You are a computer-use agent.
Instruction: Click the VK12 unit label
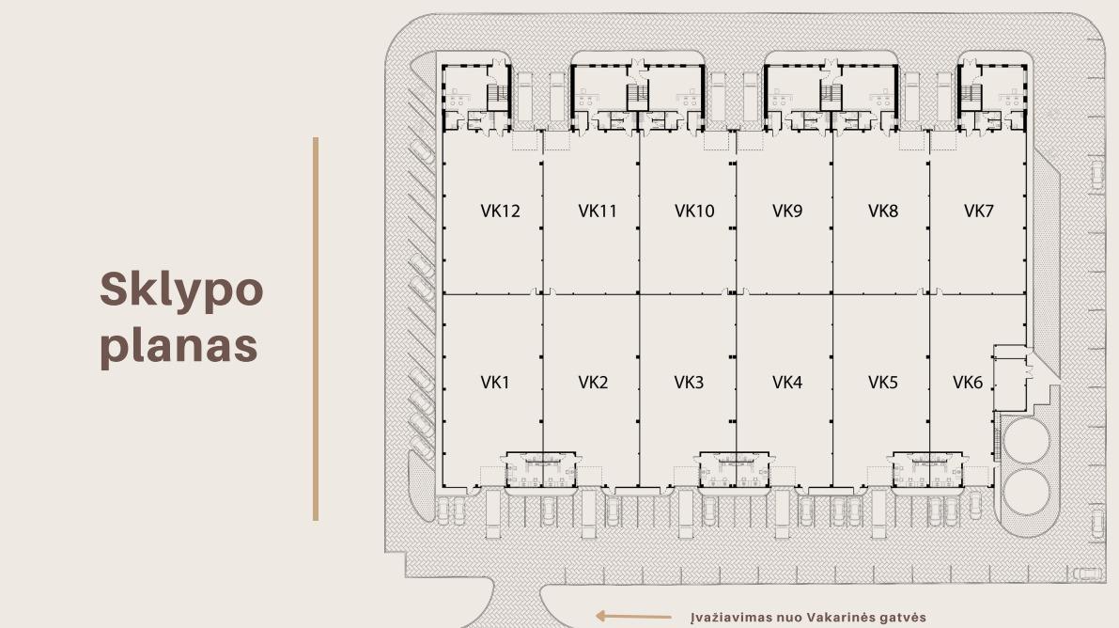click(500, 212)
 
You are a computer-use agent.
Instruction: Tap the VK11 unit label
click(598, 212)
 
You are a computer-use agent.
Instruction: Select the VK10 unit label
click(694, 212)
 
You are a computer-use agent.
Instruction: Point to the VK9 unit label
click(787, 212)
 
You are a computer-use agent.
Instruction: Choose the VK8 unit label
click(883, 212)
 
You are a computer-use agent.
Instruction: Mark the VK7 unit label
click(978, 212)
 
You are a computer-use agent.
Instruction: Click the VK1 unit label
click(494, 383)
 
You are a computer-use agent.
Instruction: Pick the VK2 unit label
click(593, 383)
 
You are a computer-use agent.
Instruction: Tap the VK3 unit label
click(689, 383)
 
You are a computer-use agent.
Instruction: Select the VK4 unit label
click(787, 383)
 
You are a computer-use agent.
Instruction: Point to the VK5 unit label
click(883, 383)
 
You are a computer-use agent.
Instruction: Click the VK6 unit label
click(968, 383)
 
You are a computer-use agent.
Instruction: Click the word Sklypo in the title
click(181, 290)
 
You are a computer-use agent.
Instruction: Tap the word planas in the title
click(179, 347)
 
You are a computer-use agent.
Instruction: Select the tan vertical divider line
click(316, 329)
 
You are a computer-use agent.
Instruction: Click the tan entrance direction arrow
click(633, 616)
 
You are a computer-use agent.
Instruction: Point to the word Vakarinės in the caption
click(842, 618)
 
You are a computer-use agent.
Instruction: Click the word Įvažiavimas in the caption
click(733, 618)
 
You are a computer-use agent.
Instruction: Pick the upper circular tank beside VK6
click(1026, 441)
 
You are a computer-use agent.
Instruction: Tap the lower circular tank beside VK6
click(1026, 493)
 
